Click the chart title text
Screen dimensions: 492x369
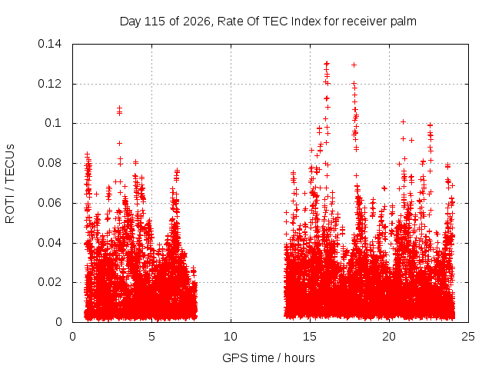(268, 22)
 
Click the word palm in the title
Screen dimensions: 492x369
(404, 22)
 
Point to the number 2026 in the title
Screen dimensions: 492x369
(196, 22)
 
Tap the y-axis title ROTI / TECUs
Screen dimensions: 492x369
(10, 184)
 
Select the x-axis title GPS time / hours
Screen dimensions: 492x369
(268, 357)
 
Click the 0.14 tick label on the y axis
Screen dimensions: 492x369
(49, 44)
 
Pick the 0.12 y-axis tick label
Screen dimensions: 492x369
(49, 84)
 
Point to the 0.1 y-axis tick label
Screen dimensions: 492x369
(53, 123)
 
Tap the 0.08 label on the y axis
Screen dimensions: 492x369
(49, 163)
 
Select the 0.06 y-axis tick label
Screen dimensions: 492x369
(49, 203)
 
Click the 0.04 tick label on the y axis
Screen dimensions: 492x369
(49, 243)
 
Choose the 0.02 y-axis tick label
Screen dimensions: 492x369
(49, 282)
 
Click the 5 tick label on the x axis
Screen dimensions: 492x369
(152, 337)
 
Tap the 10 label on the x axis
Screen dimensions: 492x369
(231, 337)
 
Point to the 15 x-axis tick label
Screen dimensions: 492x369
(310, 337)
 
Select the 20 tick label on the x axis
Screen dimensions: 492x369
(389, 337)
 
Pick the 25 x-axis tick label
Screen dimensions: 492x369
(468, 337)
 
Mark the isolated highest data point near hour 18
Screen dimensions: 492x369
(354, 65)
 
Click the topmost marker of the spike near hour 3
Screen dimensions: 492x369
(120, 108)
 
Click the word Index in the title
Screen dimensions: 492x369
(306, 22)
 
